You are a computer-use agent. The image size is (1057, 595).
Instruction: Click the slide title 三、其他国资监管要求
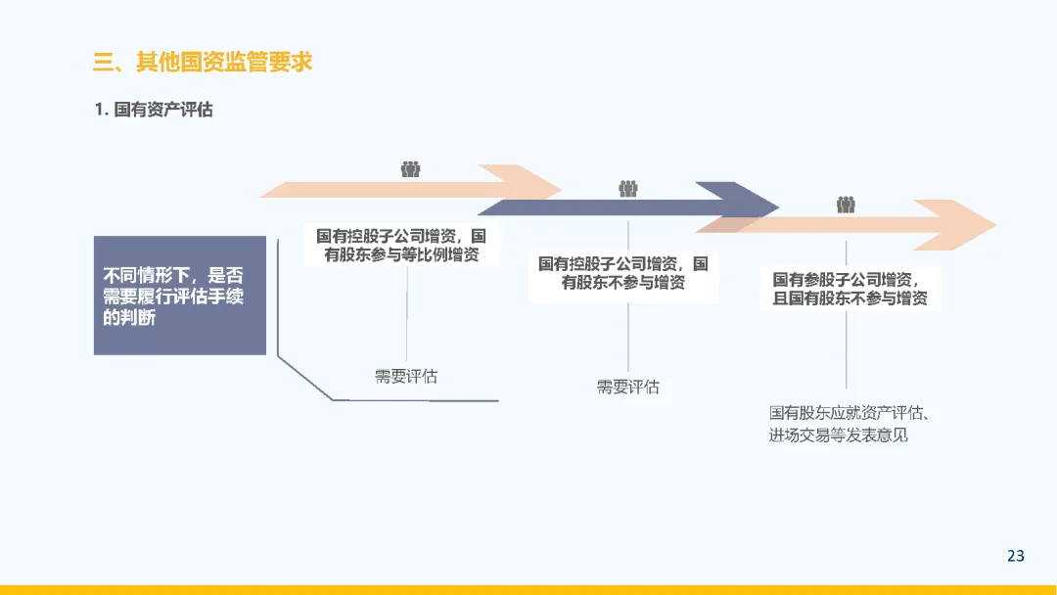(203, 63)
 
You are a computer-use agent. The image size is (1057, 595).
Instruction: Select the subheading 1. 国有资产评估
(154, 110)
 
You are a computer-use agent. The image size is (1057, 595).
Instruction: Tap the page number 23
(1015, 556)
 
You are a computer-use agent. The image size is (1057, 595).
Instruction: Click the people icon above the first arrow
(410, 169)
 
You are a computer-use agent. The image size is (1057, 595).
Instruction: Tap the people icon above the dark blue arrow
(628, 189)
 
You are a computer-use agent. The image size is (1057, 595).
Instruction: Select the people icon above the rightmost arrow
(847, 206)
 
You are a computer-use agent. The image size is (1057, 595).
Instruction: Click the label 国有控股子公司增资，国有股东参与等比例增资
(401, 246)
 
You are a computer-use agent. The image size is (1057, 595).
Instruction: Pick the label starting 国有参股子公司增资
(850, 289)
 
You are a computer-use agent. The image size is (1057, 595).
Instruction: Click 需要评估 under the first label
(406, 377)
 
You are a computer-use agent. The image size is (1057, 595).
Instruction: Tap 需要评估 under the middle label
(628, 387)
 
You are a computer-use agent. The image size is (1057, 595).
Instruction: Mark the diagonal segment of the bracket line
(304, 378)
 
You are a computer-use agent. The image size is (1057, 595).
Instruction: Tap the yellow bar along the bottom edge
(528, 589)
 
